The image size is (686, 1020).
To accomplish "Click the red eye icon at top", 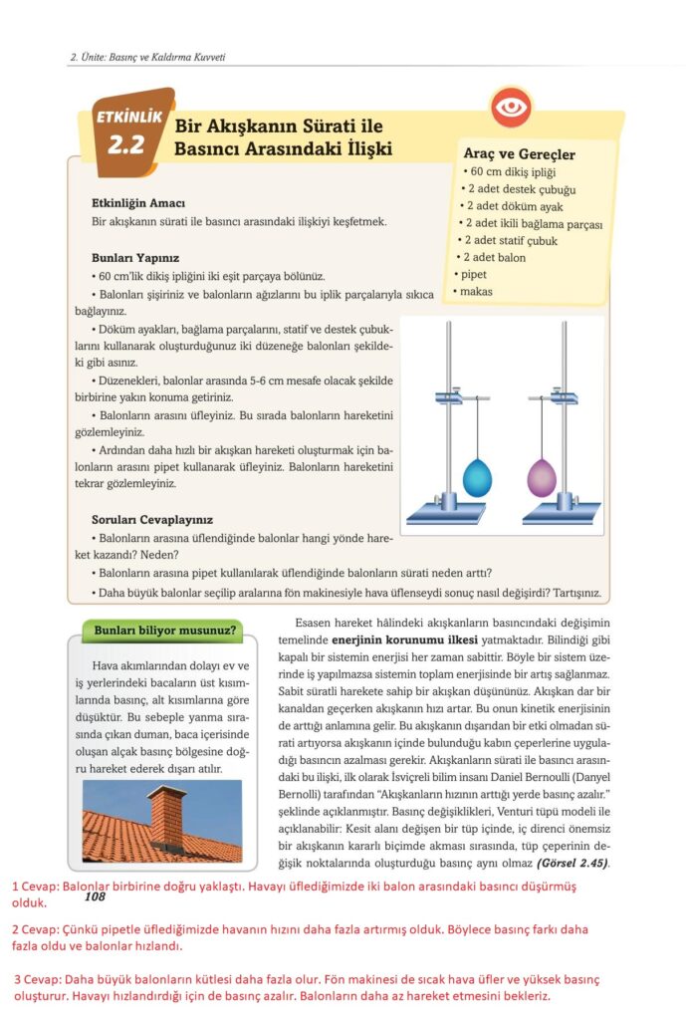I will pyautogui.click(x=512, y=108).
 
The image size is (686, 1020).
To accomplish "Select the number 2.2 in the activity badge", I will pyautogui.click(x=126, y=145).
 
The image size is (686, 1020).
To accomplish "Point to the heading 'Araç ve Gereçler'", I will pyautogui.click(x=519, y=154).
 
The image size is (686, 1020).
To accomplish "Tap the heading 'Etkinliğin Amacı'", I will pyautogui.click(x=138, y=203).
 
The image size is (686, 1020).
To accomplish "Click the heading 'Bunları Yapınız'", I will pyautogui.click(x=135, y=257).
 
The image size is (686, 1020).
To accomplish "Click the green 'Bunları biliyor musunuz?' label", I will pyautogui.click(x=165, y=630).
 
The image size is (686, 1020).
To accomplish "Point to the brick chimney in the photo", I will pyautogui.click(x=165, y=813).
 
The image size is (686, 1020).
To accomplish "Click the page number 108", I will pyautogui.click(x=96, y=896).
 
